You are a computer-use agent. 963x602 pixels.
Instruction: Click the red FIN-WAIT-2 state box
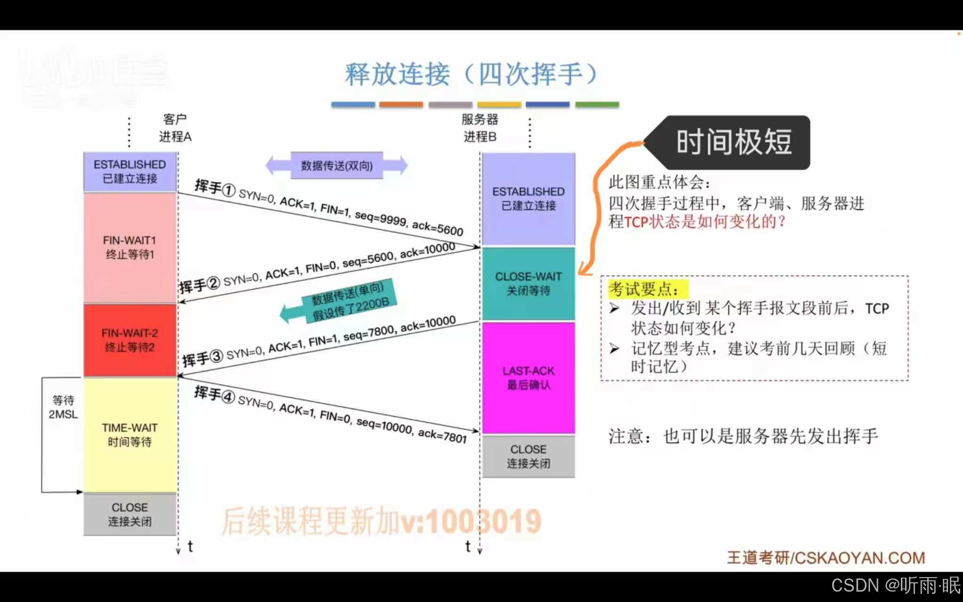coord(130,340)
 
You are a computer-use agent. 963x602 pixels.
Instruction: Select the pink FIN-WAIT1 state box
coord(130,248)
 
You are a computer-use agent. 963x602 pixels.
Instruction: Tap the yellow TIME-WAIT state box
coord(130,435)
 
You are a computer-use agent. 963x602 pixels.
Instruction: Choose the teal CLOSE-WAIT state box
coord(528,284)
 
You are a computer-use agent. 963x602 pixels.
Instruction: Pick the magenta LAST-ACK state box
coord(528,378)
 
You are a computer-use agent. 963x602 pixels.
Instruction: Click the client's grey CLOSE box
coord(130,514)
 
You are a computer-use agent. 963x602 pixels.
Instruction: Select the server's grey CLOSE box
coord(528,456)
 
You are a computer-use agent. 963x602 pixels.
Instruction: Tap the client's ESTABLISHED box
coord(130,172)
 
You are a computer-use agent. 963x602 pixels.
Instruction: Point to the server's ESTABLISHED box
coord(528,198)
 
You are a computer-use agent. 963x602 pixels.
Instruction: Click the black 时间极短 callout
coord(734,142)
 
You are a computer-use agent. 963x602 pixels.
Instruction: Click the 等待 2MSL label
coord(63,407)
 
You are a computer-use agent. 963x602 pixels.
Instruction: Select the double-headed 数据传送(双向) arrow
coord(337,166)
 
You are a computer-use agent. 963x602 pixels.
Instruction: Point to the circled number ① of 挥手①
coord(229,190)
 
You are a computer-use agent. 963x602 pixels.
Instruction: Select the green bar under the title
coord(597,104)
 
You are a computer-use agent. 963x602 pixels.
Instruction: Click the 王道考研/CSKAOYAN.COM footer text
coord(826,558)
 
